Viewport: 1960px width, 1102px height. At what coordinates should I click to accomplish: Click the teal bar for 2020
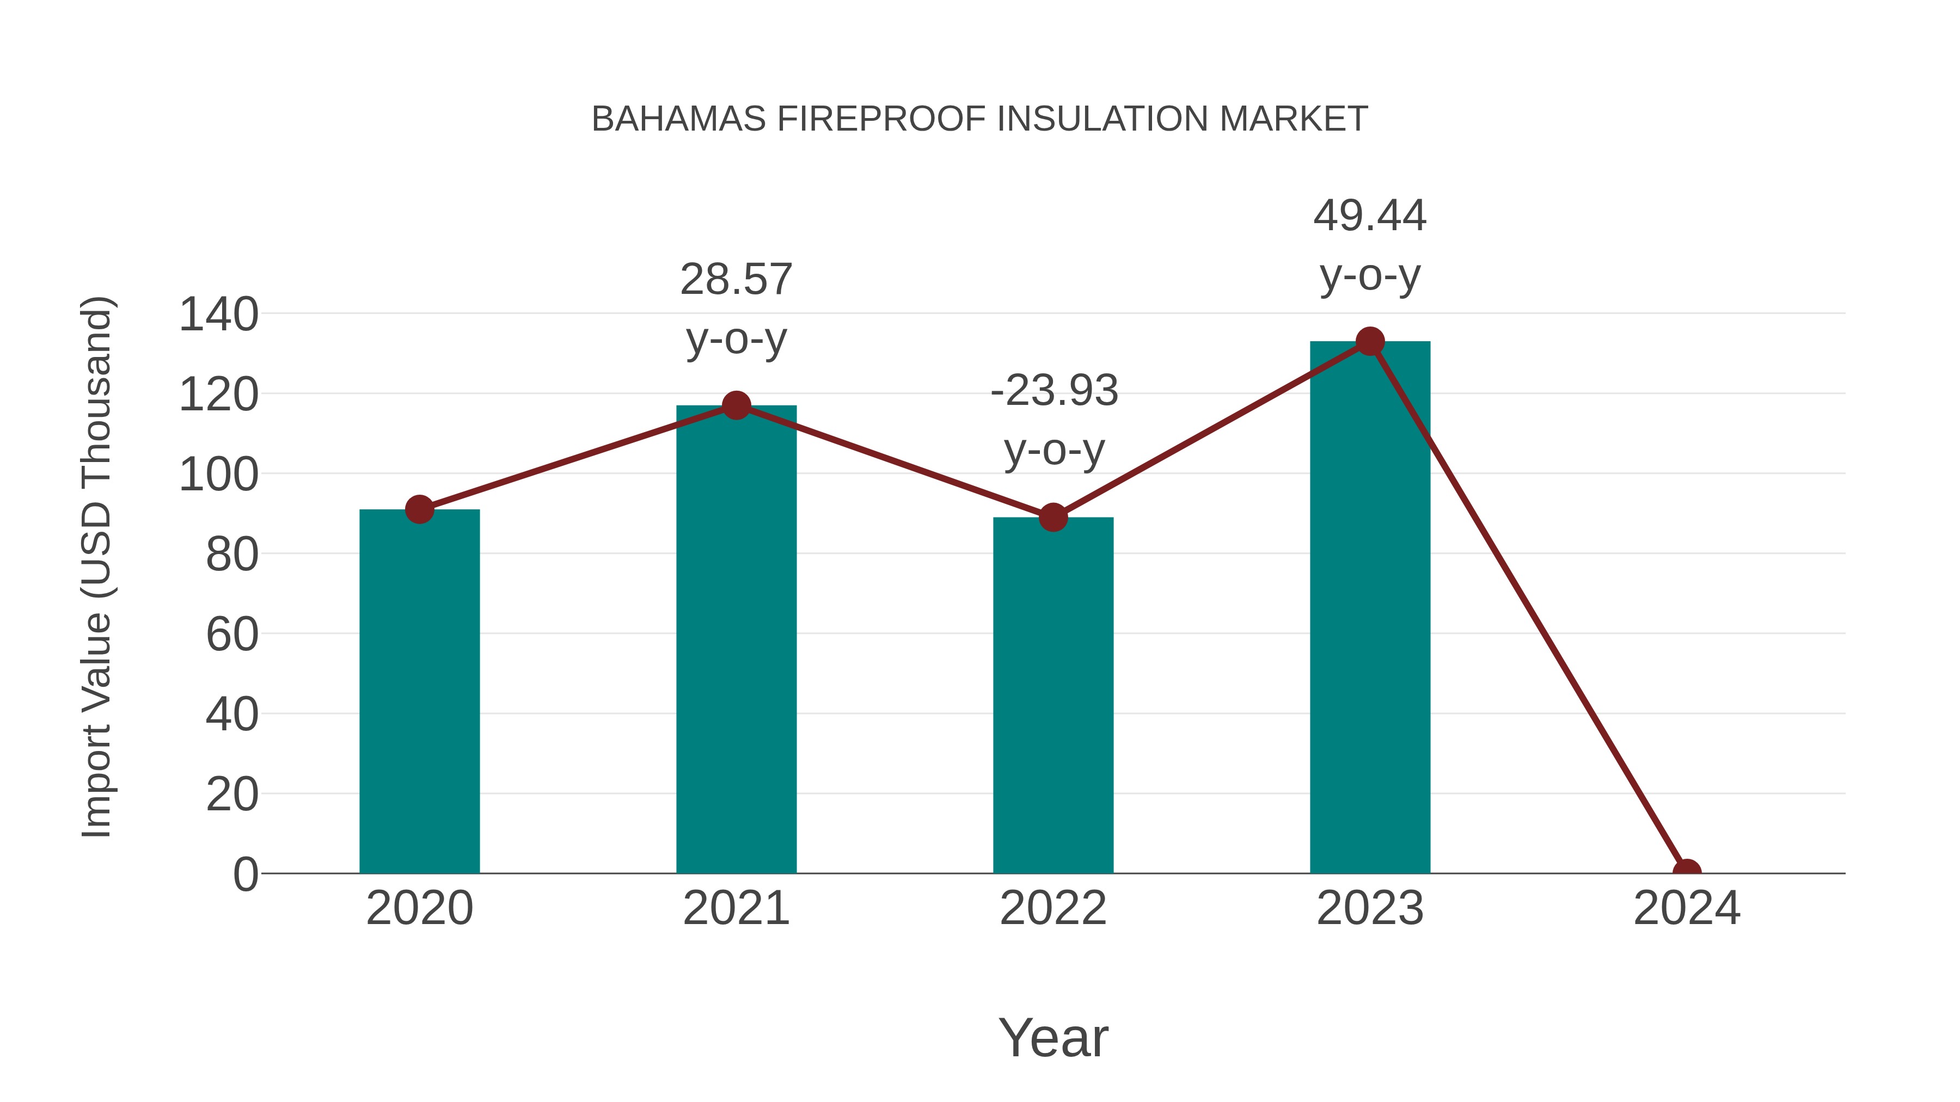pyautogui.click(x=419, y=692)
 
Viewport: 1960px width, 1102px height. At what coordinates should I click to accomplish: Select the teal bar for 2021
pyautogui.click(x=736, y=639)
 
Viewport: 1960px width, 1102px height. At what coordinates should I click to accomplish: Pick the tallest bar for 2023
pyautogui.click(x=1370, y=608)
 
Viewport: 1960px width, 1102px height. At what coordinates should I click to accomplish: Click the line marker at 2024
pyautogui.click(x=1687, y=872)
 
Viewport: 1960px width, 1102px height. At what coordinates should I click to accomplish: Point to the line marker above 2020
pyautogui.click(x=419, y=509)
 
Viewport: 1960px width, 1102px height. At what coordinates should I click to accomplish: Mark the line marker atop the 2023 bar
pyautogui.click(x=1370, y=341)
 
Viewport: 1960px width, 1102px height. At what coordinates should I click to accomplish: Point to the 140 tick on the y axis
pyautogui.click(x=218, y=315)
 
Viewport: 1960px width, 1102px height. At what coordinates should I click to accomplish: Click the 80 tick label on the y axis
pyautogui.click(x=232, y=555)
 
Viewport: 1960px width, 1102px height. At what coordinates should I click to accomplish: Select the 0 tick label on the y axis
pyautogui.click(x=245, y=874)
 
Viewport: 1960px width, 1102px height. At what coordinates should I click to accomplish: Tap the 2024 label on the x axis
pyautogui.click(x=1686, y=908)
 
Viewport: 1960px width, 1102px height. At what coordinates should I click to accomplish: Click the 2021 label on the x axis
pyautogui.click(x=736, y=908)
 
